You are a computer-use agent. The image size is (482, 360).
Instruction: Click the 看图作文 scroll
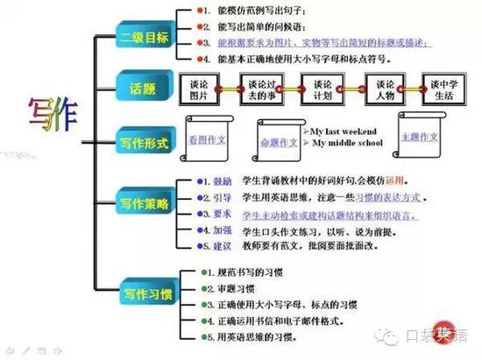(207, 141)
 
